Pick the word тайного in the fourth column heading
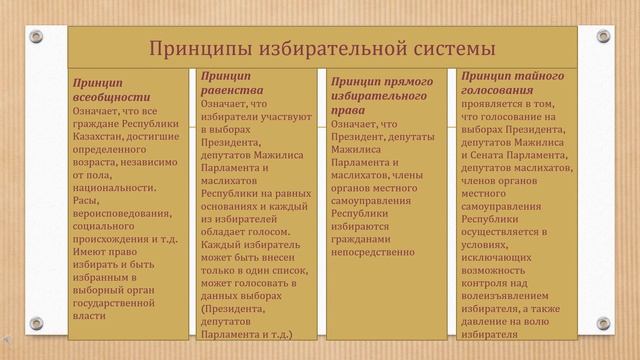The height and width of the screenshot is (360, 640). click(540, 75)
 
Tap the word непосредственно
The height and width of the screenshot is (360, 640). click(372, 252)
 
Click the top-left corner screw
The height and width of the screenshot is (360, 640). click(36, 37)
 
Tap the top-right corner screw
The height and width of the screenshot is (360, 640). click(603, 37)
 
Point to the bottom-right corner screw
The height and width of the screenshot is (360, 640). click(603, 323)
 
